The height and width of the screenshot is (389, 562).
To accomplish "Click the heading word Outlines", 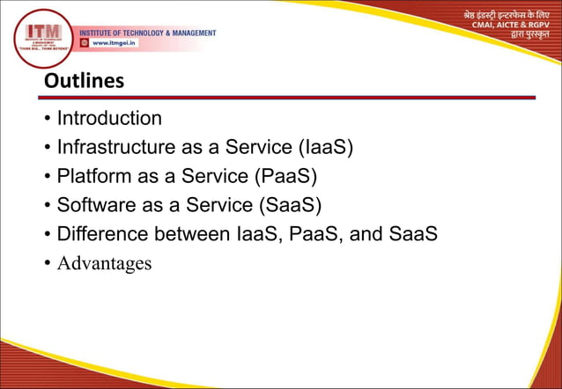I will point(84,81).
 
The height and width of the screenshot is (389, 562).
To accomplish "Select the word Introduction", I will point(109,119).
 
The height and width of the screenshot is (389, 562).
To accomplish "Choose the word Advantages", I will point(104,263).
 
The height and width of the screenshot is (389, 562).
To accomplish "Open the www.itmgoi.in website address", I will point(115,42).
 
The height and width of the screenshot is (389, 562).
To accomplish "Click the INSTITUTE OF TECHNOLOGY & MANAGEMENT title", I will point(148,33).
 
